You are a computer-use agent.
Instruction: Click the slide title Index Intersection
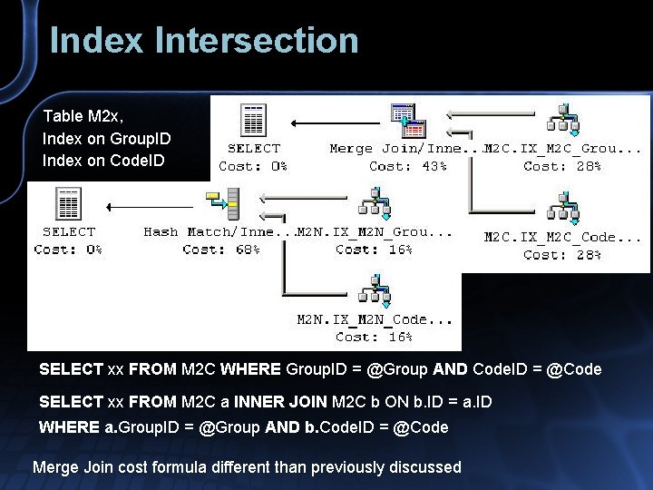(204, 41)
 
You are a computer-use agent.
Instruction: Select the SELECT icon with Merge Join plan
(253, 120)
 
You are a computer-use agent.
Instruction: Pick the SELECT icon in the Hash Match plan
(68, 203)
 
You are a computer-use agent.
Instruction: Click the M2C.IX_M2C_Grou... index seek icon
(563, 119)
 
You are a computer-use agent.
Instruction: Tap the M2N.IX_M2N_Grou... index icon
(374, 203)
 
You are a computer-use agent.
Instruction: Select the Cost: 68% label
(221, 249)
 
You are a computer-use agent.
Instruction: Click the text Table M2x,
(83, 116)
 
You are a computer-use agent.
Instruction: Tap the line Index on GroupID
(106, 139)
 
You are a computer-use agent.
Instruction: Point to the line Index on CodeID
(104, 161)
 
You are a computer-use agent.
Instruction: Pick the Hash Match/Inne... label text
(218, 231)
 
